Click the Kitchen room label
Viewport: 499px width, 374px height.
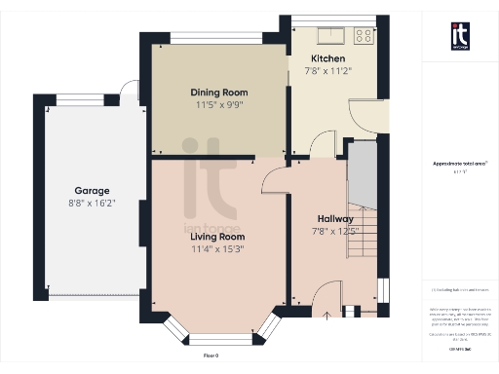[x=326, y=57]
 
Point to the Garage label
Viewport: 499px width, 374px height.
[x=93, y=191]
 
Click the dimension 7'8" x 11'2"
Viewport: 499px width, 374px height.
[x=326, y=70]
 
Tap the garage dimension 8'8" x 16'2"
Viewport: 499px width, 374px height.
[x=93, y=204]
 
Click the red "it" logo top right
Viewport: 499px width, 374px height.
[x=460, y=35]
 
